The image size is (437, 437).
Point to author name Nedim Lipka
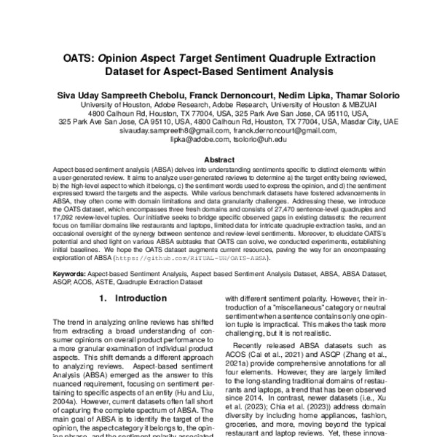point(310,95)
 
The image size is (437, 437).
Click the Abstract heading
point(219,159)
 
